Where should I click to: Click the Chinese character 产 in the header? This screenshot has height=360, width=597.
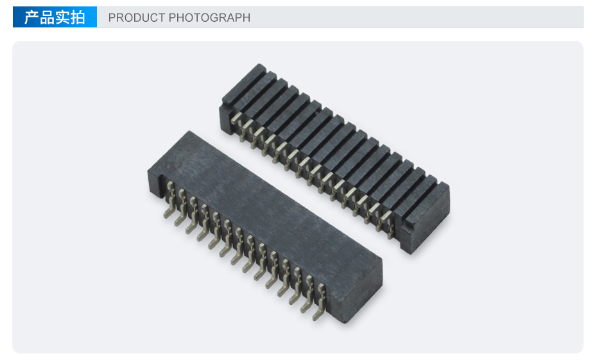click(31, 17)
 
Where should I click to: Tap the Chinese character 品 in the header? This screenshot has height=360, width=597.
click(47, 17)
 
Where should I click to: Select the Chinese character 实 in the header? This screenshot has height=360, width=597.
click(62, 17)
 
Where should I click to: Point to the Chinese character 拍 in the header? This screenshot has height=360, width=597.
click(77, 17)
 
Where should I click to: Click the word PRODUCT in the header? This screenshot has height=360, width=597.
click(137, 17)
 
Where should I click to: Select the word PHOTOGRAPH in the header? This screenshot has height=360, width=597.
click(209, 17)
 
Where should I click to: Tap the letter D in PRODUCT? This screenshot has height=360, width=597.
click(135, 17)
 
